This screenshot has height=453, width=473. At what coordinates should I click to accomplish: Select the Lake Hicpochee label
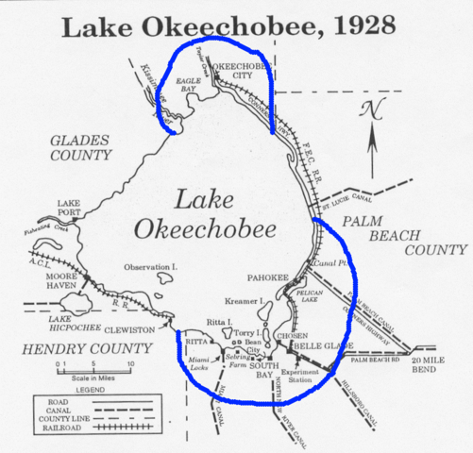click(x=74, y=325)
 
